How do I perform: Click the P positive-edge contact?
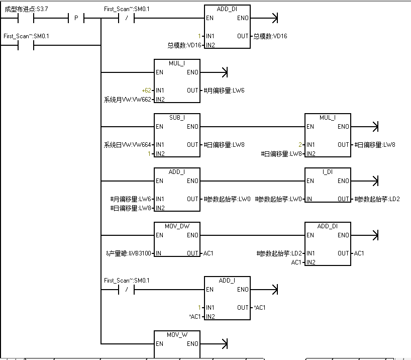click(x=76, y=19)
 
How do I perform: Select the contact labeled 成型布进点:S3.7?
click(x=26, y=19)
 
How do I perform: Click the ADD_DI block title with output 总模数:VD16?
click(x=227, y=9)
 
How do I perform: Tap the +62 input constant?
click(x=146, y=91)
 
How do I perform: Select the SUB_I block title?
click(x=177, y=118)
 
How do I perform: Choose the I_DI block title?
click(x=327, y=172)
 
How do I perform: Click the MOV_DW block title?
click(x=177, y=226)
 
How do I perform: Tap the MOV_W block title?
click(x=177, y=334)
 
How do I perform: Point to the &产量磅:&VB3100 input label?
click(x=129, y=253)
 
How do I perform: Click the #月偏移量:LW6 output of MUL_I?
click(x=225, y=91)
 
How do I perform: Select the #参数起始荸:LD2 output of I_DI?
click(x=376, y=199)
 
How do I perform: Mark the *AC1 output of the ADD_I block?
click(x=259, y=307)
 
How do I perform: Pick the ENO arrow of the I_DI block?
click(x=373, y=181)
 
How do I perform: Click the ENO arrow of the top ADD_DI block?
click(x=273, y=19)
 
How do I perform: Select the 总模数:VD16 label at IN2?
click(x=184, y=45)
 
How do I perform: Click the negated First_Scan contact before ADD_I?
click(x=126, y=290)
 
